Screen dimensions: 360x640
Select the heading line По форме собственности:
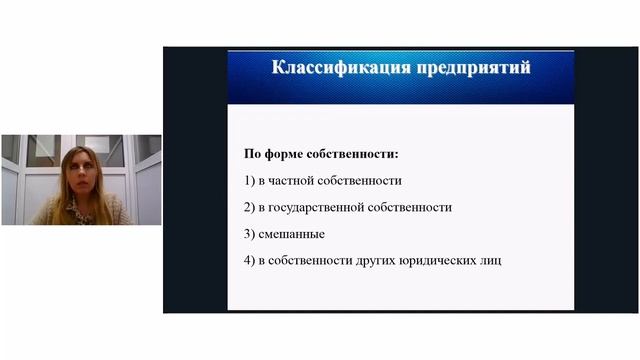pos(320,155)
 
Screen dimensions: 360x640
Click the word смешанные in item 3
pos(298,233)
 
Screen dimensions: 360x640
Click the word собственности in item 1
pos(362,181)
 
